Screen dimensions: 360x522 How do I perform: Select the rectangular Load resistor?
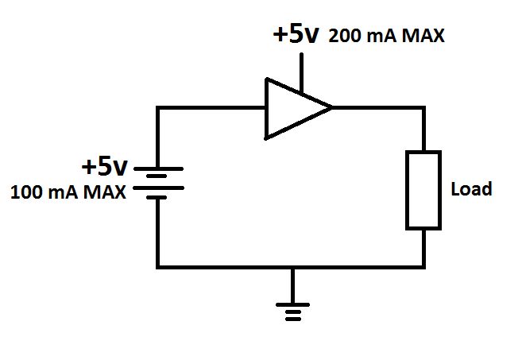[423, 190]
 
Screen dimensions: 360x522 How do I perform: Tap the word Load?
[471, 190]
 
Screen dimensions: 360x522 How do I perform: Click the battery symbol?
[159, 180]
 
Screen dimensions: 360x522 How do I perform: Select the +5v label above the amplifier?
[296, 35]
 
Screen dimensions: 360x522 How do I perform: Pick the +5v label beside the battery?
[104, 167]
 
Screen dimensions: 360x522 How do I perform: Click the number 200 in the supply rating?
[343, 37]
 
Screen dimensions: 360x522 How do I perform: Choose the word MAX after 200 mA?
[422, 37]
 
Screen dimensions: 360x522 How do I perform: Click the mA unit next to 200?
[377, 37]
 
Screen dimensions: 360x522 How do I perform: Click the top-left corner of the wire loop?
[159, 107]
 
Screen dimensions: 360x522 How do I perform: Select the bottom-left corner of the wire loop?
[159, 266]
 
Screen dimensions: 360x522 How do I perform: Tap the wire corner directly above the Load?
[423, 107]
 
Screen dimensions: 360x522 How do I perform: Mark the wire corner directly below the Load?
[423, 266]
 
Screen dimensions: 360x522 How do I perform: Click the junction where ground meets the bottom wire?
[293, 266]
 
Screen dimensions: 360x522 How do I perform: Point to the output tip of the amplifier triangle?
[331, 107]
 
